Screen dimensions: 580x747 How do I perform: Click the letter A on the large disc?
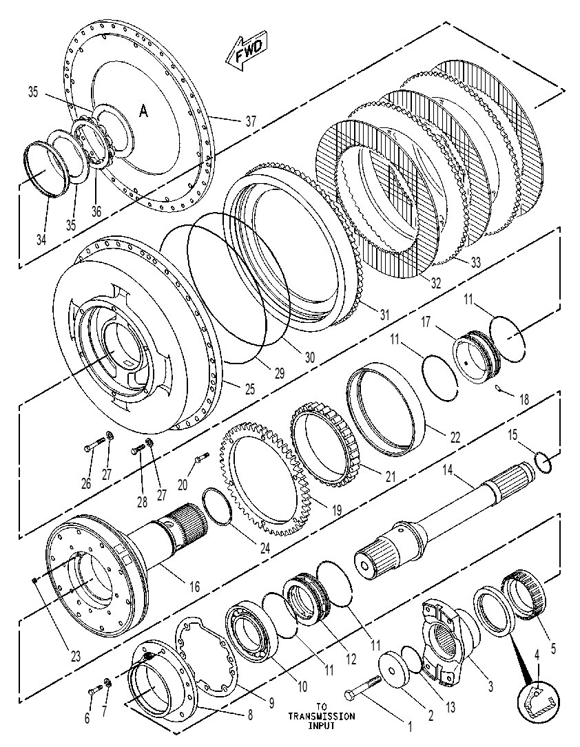(x=143, y=111)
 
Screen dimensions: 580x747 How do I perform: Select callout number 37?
(x=251, y=121)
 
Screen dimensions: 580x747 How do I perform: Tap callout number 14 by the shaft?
(x=447, y=470)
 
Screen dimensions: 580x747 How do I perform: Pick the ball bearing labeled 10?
(x=251, y=631)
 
